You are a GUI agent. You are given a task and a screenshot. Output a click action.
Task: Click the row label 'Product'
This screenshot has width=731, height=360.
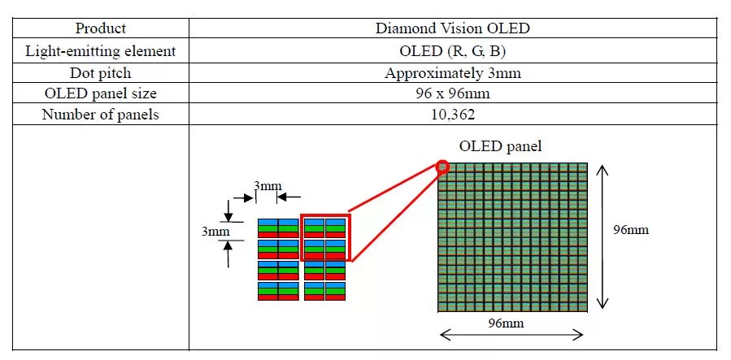point(101,28)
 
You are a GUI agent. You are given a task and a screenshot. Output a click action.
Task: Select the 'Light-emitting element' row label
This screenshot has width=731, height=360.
point(101,50)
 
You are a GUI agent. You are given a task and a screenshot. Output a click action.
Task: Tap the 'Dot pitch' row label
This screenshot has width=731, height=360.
point(101,72)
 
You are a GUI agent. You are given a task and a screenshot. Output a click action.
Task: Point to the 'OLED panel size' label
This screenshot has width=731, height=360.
point(101,93)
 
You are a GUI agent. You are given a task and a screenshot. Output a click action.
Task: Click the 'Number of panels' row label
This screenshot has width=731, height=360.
point(101,115)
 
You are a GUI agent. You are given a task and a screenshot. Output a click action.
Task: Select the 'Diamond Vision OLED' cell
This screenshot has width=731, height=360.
point(453,28)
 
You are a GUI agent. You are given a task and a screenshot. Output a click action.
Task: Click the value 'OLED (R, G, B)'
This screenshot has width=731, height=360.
point(453,50)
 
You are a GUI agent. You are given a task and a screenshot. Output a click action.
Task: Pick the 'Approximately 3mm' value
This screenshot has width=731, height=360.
point(453,72)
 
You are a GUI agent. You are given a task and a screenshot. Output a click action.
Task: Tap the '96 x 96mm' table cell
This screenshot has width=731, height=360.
point(453,93)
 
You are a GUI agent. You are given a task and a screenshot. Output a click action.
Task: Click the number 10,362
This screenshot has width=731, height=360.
point(453,115)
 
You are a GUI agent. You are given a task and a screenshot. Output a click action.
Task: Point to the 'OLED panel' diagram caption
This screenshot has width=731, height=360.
point(500,146)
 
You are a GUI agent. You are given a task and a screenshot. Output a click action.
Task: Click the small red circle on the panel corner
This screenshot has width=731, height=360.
point(443,167)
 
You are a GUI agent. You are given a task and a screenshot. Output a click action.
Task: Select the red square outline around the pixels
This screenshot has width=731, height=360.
point(325,237)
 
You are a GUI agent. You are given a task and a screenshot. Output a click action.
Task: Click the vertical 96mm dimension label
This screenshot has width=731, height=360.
point(631,229)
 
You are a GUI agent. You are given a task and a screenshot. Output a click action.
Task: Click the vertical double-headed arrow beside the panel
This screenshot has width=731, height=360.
point(602,236)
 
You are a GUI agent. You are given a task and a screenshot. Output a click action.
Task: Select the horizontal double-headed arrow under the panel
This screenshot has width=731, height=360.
point(512,334)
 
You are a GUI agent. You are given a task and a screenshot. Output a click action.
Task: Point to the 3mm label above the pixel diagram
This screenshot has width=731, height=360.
point(267,186)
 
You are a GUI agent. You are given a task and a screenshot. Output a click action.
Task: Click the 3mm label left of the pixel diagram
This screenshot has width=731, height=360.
point(215,231)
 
